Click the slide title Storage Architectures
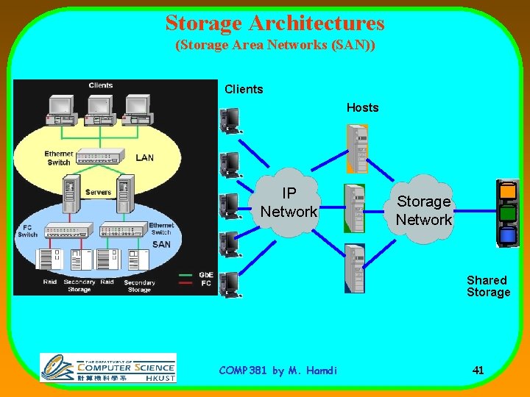click(x=275, y=23)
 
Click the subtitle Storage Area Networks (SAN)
click(x=275, y=46)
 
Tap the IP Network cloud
click(x=289, y=202)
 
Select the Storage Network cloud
click(x=423, y=210)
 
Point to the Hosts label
click(x=362, y=108)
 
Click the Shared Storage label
click(x=488, y=286)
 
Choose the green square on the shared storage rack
click(x=508, y=214)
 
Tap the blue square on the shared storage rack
click(x=508, y=236)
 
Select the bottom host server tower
click(x=355, y=268)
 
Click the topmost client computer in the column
click(x=231, y=120)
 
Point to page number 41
click(x=478, y=371)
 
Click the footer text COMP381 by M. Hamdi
click(x=278, y=371)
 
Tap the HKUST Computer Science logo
click(x=108, y=368)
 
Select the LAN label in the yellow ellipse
click(x=145, y=157)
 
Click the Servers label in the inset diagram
click(x=98, y=193)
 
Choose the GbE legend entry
click(x=206, y=275)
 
